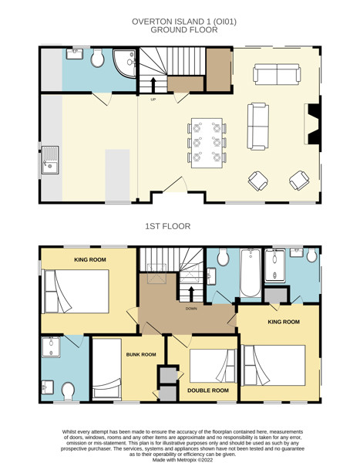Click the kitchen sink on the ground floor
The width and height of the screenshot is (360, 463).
50,160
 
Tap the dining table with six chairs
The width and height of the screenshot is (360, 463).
207,143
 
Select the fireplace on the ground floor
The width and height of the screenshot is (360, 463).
312,123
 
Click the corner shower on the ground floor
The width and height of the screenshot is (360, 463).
125,63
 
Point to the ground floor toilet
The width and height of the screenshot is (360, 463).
98,58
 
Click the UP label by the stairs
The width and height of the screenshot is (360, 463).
153,100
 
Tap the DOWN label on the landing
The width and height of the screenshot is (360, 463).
191,309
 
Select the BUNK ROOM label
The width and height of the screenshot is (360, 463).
141,354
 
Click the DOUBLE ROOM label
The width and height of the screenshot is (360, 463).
208,390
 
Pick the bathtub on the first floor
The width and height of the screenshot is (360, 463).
251,273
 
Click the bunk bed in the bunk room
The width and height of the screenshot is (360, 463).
107,369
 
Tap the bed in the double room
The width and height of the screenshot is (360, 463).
213,366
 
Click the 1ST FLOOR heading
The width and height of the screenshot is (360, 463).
167,226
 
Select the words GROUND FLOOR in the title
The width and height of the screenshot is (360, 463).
184,30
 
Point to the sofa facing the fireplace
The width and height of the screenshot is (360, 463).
258,127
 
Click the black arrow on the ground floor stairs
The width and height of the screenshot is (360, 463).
153,85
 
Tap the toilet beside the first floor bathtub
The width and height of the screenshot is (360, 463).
223,257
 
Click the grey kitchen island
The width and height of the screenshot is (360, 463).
117,175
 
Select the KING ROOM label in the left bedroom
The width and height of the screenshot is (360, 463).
90,259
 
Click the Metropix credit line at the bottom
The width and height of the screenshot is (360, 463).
183,460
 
